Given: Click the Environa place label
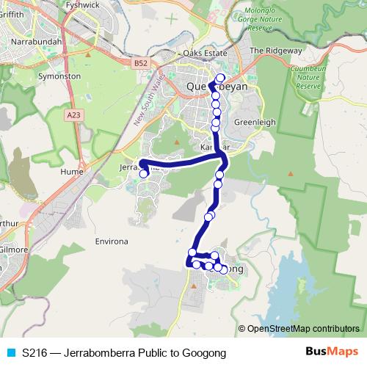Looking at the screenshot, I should pyautogui.click(x=112, y=241).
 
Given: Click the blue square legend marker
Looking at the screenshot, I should pyautogui.click(x=10, y=353).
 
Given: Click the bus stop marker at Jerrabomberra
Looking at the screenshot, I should pyautogui.click(x=144, y=174).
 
